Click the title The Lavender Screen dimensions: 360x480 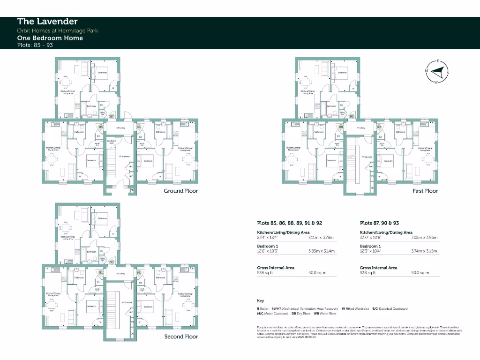click(47, 21)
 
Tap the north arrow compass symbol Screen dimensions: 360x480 click(437, 72)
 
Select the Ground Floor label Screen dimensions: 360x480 click(180, 191)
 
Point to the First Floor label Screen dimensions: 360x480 click(425, 191)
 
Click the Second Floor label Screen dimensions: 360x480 click(181, 337)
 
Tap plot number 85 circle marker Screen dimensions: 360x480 click(100, 127)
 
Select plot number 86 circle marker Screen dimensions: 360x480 click(139, 127)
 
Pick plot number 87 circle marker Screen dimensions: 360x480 click(112, 116)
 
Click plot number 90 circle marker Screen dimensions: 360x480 click(352, 116)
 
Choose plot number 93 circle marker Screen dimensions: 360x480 click(112, 262)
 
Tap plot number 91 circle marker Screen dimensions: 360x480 click(100, 272)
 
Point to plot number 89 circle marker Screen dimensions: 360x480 click(379, 127)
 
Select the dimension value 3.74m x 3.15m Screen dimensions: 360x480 click(424, 251)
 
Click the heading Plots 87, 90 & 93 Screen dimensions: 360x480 click(380, 223)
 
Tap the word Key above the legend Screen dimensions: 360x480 click(260, 300)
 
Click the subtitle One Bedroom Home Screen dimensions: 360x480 click(50, 38)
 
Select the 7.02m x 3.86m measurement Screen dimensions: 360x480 click(424, 238)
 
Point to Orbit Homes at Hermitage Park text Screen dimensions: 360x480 click(58, 30)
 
